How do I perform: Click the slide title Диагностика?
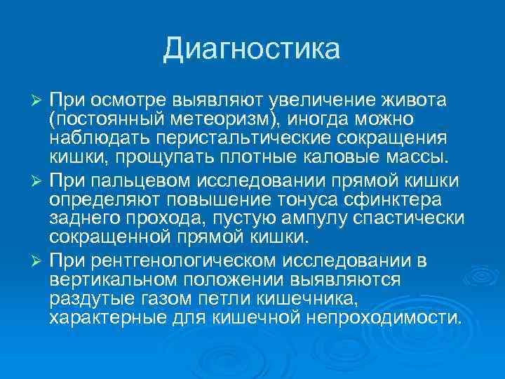[x=252, y=49]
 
